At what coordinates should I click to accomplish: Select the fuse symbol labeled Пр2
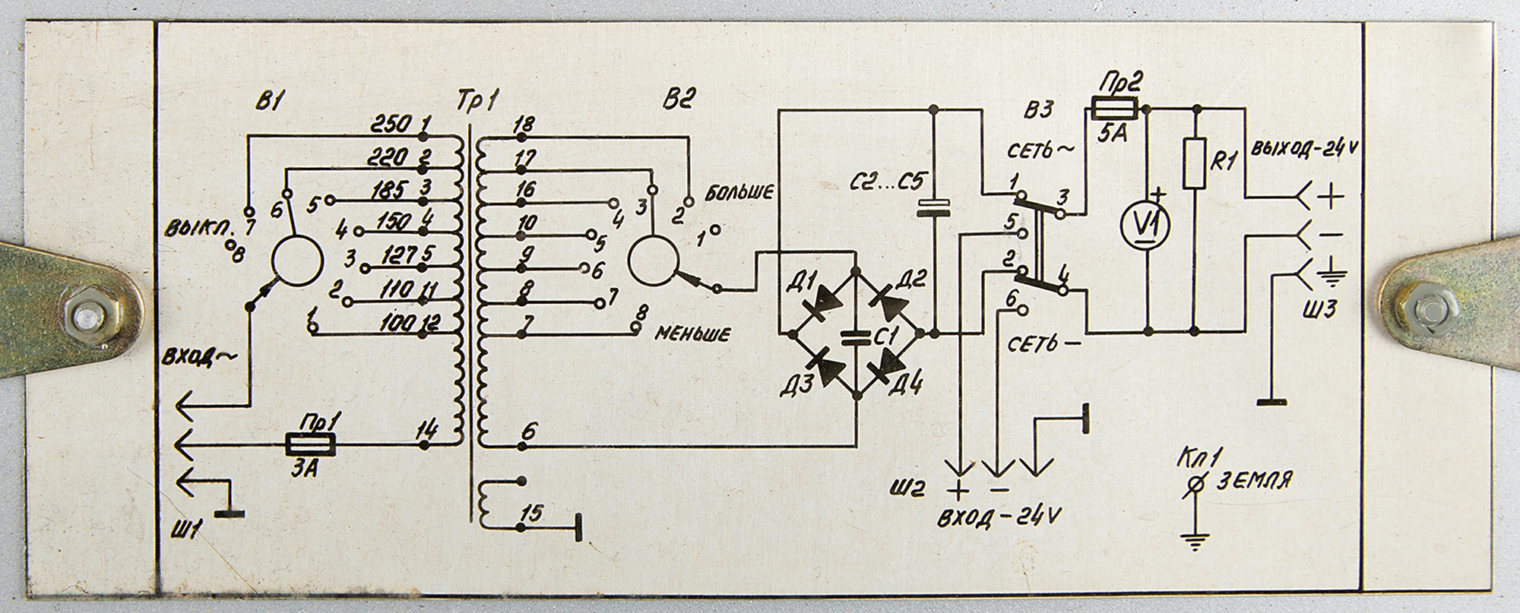tap(1115, 109)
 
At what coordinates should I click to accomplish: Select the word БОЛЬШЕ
tap(739, 192)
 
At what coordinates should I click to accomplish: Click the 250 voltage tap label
tap(392, 124)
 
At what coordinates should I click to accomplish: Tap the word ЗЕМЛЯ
tap(1255, 480)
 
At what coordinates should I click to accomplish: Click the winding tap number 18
tap(524, 125)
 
